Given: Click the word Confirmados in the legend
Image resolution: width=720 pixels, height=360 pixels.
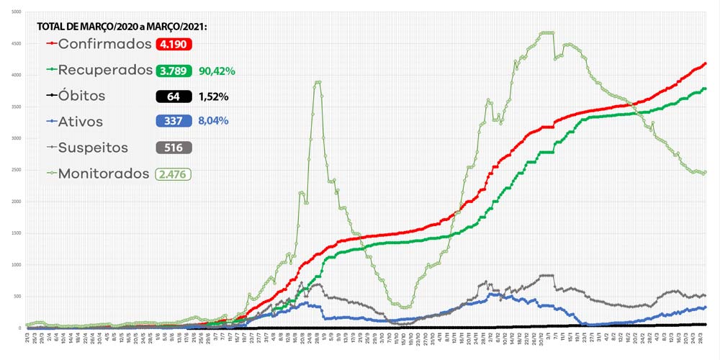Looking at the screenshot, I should pos(104,44).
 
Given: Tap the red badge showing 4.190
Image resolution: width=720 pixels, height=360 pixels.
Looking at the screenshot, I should pos(174,44).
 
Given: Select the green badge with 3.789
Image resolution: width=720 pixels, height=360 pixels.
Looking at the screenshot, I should pos(174,71).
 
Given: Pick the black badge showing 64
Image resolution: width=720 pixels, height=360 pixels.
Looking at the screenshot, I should pos(174,96).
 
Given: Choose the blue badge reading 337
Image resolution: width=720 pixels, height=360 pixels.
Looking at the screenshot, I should pos(174,121).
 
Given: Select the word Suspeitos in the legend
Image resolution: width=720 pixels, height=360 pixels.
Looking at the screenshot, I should pos(93,148).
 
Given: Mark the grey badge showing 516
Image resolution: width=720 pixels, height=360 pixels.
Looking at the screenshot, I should pos(174,148).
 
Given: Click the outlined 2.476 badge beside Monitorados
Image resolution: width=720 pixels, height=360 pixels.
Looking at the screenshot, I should pos(173,174).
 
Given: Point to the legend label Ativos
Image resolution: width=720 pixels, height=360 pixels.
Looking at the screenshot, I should pos(81,121).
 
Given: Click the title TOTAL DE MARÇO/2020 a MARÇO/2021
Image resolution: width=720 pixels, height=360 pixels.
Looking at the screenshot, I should pos(122,27).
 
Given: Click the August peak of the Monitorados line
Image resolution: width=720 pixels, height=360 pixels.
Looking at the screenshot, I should pos(318,82).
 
